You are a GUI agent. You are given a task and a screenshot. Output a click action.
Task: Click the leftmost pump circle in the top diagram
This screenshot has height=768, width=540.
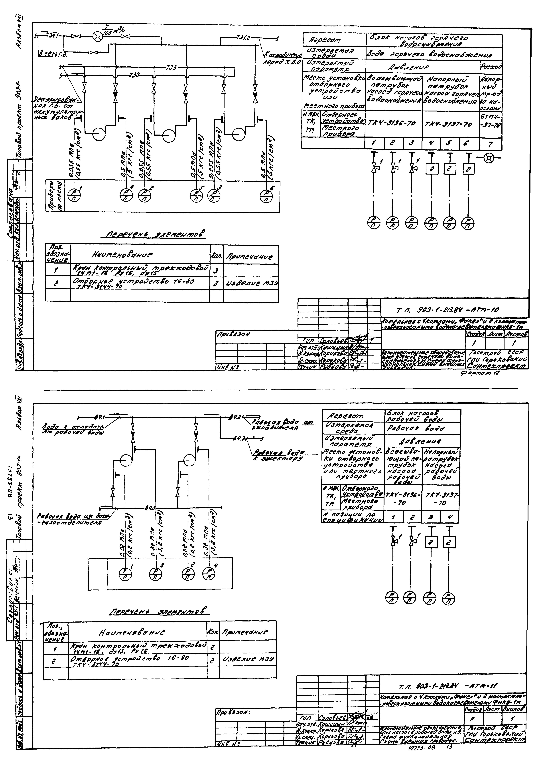coord(99,134)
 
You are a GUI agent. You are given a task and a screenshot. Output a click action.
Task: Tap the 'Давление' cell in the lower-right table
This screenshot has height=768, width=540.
coord(422,442)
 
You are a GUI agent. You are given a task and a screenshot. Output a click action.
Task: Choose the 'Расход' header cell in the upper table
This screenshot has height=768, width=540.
coord(491,67)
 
